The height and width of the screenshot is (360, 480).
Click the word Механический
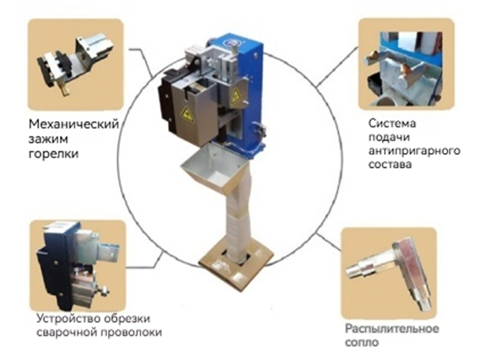pyautogui.click(x=73, y=124)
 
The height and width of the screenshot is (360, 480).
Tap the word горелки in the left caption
pyautogui.click(x=53, y=154)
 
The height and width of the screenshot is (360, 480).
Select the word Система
pyautogui.click(x=392, y=124)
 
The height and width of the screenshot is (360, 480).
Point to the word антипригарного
pyautogui.click(x=414, y=151)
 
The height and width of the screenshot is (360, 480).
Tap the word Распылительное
pyautogui.click(x=392, y=329)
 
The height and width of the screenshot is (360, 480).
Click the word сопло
pyautogui.click(x=362, y=342)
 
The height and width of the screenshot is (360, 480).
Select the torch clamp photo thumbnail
pyautogui.click(x=76, y=64)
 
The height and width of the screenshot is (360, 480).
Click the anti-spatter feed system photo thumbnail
pyautogui.click(x=406, y=64)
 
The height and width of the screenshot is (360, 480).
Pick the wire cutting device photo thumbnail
pyautogui.click(x=77, y=265)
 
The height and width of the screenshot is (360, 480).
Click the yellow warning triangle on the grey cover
pyautogui.click(x=187, y=115)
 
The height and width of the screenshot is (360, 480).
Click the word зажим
pyautogui.click(x=49, y=140)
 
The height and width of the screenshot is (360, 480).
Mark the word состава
pyautogui.click(x=389, y=164)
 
